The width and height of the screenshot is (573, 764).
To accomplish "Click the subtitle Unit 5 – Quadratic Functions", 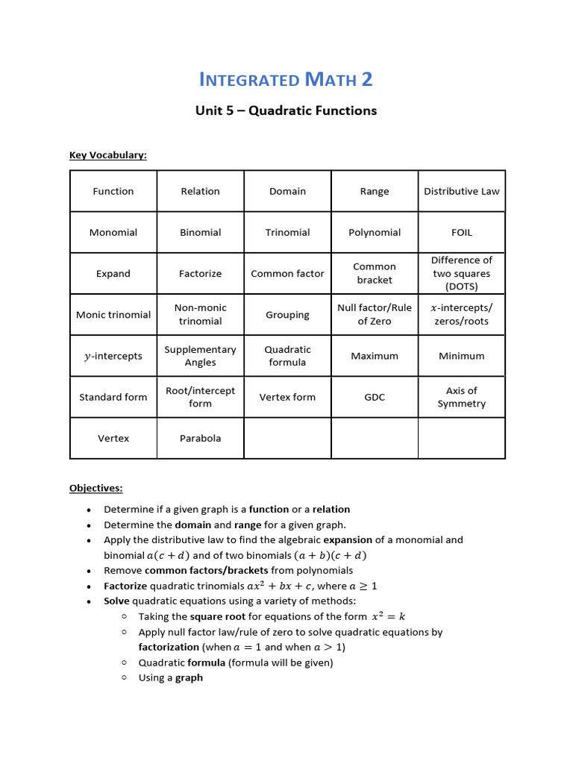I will click(x=286, y=110).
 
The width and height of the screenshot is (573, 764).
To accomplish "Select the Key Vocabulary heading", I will click(x=108, y=154).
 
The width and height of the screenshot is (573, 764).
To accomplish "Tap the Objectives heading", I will click(x=95, y=488).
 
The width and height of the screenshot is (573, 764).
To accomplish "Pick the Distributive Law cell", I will click(x=462, y=191).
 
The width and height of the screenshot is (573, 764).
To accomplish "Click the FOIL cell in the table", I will click(x=462, y=232).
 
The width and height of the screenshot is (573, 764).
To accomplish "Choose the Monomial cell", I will click(x=113, y=232).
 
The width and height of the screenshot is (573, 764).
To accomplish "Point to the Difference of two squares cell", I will click(x=462, y=273).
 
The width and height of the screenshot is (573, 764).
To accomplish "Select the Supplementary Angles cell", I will click(x=200, y=356).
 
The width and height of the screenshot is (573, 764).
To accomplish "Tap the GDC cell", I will click(x=375, y=397).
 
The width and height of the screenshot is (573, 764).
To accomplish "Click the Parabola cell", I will click(x=200, y=438).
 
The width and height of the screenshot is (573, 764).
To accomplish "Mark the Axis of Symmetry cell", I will click(x=462, y=397).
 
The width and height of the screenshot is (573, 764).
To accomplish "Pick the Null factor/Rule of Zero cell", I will click(x=375, y=314).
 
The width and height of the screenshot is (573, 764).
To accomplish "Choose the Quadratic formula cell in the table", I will click(x=287, y=356).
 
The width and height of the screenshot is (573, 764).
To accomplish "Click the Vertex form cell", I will click(x=287, y=397).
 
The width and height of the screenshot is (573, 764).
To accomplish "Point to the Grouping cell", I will click(x=287, y=314).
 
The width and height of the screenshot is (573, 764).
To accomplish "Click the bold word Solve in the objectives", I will click(x=116, y=601).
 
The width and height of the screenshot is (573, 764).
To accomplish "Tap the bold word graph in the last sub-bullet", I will click(x=189, y=677).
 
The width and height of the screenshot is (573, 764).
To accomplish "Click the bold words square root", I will click(x=218, y=616).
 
